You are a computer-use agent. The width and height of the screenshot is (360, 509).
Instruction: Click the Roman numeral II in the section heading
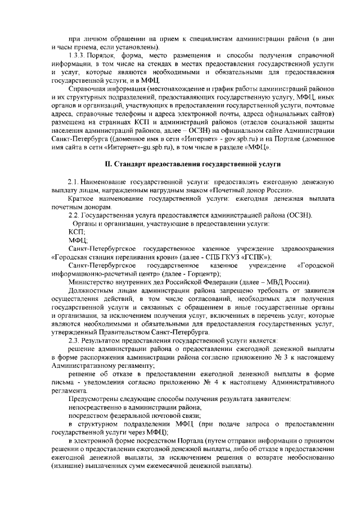pos(109,163)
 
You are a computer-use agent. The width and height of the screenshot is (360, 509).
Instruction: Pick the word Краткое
pos(81,199)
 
